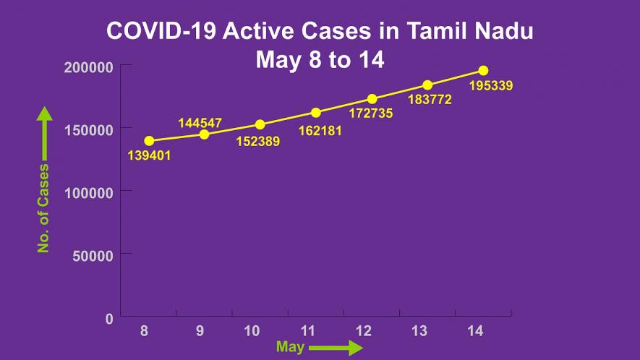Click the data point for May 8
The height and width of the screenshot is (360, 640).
pos(149,141)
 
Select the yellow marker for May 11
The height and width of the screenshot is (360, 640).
pos(316,113)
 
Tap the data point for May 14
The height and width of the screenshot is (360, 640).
pos(483,71)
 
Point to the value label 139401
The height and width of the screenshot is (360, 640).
pos(149,155)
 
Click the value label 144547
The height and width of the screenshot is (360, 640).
pos(200,123)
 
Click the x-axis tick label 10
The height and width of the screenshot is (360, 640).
pos(252,331)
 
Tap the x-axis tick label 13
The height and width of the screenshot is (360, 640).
pos(419,331)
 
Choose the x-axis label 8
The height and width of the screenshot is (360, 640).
pos(145,331)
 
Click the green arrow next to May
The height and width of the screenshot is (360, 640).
pos(336,348)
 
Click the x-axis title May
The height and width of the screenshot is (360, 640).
pos(290,348)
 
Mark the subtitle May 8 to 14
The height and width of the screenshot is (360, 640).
pos(319,60)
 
